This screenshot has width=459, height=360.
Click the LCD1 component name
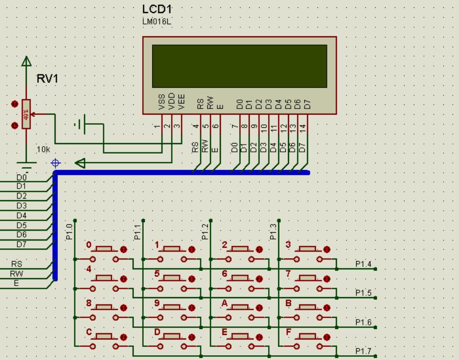tap(157, 10)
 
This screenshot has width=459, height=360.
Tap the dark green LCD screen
tap(239, 66)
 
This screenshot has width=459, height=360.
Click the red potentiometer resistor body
tap(26, 114)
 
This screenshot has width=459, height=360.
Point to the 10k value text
tap(43, 150)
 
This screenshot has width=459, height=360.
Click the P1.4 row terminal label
tap(363, 264)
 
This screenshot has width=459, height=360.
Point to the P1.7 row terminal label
tap(363, 351)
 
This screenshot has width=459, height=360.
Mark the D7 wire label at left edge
tap(22, 244)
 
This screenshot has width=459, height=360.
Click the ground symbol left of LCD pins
tap(80, 125)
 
